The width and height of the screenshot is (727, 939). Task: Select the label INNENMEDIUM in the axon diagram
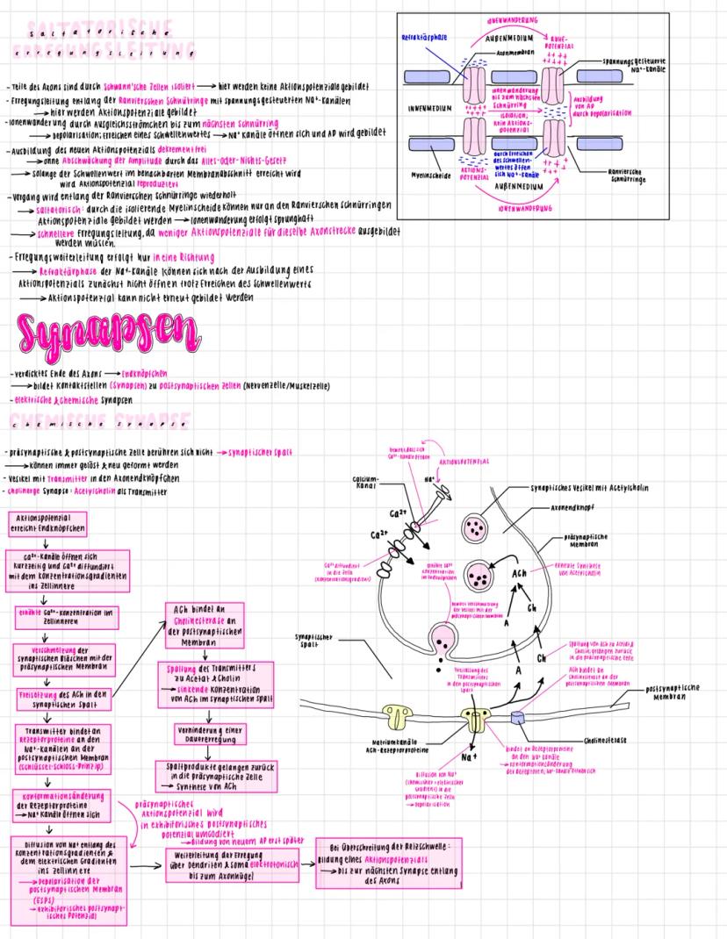pyautogui.click(x=430, y=109)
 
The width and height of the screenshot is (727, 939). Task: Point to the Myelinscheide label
pyautogui.click(x=430, y=175)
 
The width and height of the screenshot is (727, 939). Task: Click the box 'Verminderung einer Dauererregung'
pyautogui.click(x=208, y=732)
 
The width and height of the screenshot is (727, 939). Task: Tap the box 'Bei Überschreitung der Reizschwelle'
pyautogui.click(x=390, y=858)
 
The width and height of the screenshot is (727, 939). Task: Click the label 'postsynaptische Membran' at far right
pyautogui.click(x=673, y=692)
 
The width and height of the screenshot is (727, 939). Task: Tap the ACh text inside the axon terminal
pyautogui.click(x=520, y=573)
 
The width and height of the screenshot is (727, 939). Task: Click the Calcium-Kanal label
pyautogui.click(x=365, y=483)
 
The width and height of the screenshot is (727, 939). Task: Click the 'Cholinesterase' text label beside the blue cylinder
pyautogui.click(x=604, y=741)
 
